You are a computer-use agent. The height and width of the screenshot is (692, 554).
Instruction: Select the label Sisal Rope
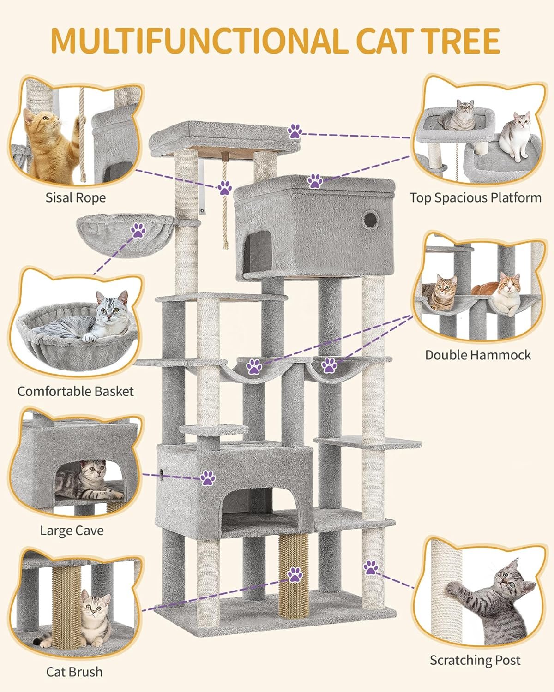[76, 197]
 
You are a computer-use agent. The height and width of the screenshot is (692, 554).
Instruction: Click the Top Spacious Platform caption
[476, 197]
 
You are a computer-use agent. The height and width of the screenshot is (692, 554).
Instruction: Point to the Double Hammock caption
[478, 355]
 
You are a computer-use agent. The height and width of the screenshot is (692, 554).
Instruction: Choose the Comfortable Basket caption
[76, 391]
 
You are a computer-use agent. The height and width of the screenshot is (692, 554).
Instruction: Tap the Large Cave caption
[72, 530]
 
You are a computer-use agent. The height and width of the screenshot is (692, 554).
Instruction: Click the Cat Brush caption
[74, 672]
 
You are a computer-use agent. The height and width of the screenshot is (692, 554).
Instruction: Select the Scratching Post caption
[475, 660]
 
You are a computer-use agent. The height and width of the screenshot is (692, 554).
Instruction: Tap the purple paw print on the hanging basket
[138, 230]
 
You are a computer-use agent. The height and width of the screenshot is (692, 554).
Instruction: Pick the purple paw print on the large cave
[208, 478]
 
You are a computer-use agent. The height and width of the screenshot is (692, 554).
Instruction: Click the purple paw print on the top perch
[295, 131]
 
